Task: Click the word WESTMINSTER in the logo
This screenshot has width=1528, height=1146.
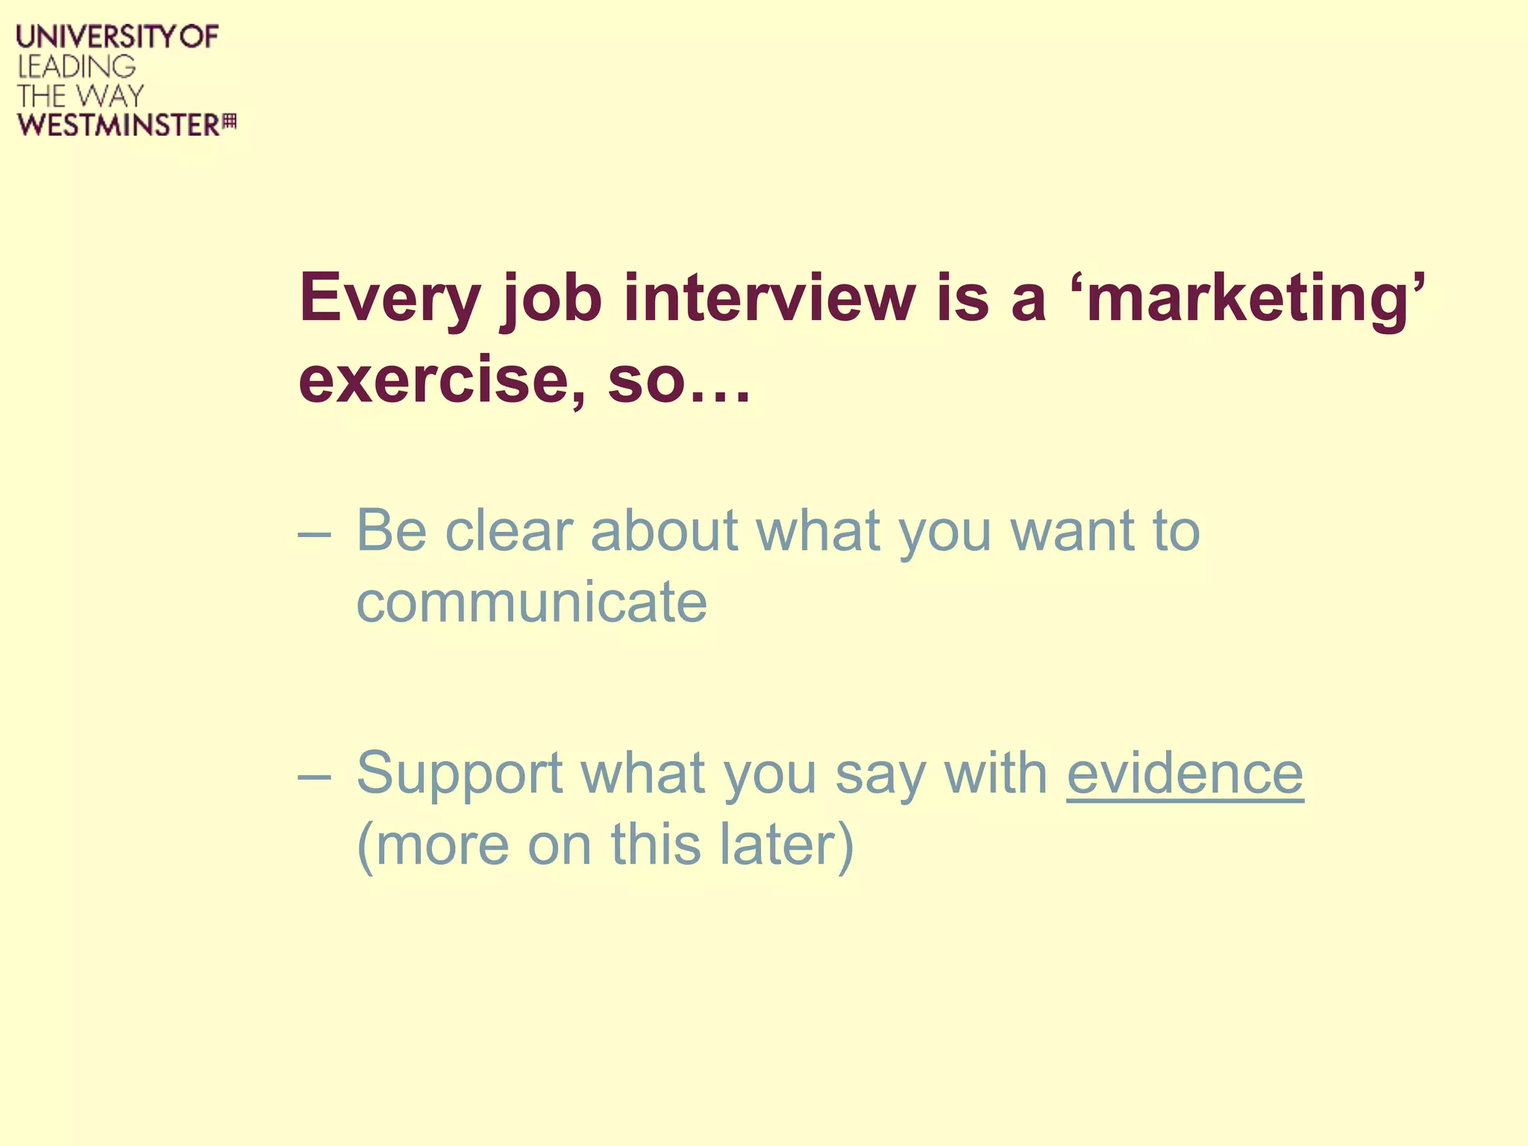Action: [118, 125]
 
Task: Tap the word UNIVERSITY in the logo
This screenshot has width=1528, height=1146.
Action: [95, 37]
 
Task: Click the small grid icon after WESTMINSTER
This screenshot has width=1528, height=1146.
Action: [230, 122]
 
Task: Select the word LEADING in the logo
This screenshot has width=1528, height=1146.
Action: [76, 67]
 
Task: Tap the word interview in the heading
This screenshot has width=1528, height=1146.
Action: [769, 298]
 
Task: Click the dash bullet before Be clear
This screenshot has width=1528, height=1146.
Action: [313, 534]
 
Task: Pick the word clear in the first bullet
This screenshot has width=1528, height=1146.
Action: [508, 530]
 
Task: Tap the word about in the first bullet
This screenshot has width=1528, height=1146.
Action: [664, 530]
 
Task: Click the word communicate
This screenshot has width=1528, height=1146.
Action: [531, 602]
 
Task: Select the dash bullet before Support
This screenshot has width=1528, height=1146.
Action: [313, 776]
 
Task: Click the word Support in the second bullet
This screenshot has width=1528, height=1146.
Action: [459, 774]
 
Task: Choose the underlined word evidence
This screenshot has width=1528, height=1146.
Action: [1185, 773]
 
